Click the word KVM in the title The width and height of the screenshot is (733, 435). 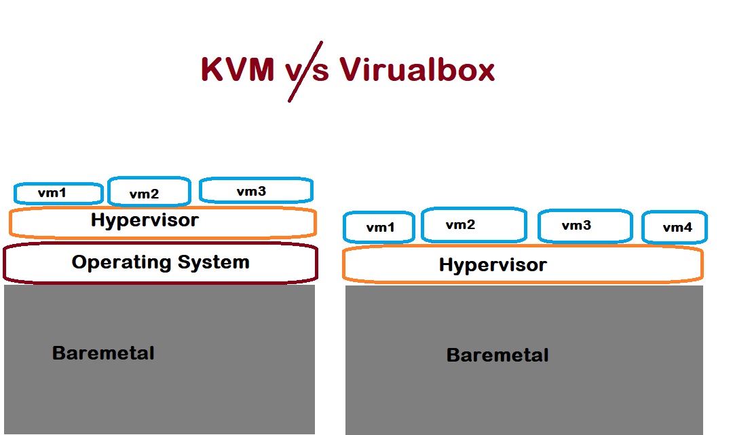tap(238, 69)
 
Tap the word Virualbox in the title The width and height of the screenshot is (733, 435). tap(417, 69)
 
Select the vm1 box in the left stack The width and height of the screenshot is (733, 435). tap(58, 193)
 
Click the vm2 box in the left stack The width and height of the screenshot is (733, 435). tap(149, 192)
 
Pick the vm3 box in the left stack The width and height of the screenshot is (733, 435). tap(255, 191)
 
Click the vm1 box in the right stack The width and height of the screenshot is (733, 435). tap(379, 228)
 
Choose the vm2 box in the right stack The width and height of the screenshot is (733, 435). tap(473, 225)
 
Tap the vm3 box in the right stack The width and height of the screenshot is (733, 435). tap(584, 226)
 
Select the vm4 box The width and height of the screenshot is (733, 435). tap(675, 228)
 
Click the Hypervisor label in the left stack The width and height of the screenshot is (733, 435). tap(145, 220)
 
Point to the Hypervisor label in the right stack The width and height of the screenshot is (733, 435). tap(493, 265)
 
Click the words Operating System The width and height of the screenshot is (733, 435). tap(160, 262)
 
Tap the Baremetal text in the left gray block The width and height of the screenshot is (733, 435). tap(103, 353)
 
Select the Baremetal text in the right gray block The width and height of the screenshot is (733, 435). tap(497, 355)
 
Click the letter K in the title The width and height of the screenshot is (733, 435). tap(212, 69)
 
